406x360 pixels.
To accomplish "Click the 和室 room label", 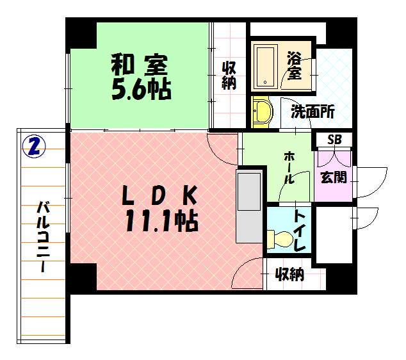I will [140, 65].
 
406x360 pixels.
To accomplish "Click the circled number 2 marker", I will [33, 147].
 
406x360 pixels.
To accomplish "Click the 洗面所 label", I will [313, 112].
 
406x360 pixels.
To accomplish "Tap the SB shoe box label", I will [334, 140].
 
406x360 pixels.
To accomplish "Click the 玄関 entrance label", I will [334, 177].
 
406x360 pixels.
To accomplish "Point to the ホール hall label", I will [289, 168].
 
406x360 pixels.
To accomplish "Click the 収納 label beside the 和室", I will [229, 74].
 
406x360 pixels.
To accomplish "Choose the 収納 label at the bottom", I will [289, 275].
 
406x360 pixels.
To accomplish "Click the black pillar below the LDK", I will [82, 277].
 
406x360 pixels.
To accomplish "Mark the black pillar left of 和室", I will [81, 32].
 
